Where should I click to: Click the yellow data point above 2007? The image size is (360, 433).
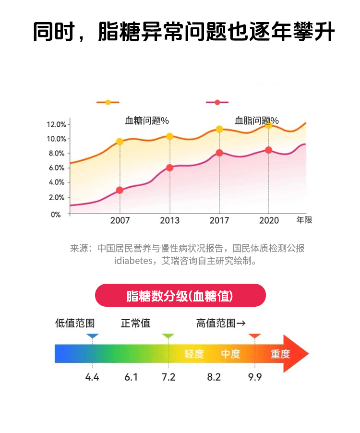120,142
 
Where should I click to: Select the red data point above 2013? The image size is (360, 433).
169,168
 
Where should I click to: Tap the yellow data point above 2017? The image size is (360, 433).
219,129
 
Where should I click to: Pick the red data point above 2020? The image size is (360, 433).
269,150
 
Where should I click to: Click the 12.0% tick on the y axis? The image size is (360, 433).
56,124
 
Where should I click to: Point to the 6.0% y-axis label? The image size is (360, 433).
56,168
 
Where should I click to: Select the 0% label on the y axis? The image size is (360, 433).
56,215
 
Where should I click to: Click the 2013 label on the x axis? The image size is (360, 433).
169,221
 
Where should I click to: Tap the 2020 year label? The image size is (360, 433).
269,221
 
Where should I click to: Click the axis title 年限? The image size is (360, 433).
304,220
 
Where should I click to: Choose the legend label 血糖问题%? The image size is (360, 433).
147,120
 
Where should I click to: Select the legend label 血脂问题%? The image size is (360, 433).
256,120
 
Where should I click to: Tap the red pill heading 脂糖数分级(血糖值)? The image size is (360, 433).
180,296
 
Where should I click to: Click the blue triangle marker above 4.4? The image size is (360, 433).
93,337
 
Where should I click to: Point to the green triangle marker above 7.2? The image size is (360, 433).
168,337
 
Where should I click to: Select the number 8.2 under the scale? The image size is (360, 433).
214,377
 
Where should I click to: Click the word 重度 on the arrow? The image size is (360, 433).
280,354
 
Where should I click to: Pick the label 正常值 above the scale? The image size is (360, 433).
135,324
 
